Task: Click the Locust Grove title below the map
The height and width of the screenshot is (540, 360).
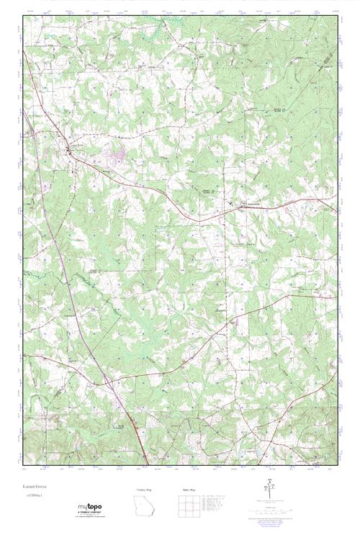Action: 34,488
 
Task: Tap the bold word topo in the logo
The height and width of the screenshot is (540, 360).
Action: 94,508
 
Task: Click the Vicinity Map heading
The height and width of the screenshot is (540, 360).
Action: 145,489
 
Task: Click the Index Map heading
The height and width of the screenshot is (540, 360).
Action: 189,489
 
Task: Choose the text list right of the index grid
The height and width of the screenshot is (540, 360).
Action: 219,503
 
